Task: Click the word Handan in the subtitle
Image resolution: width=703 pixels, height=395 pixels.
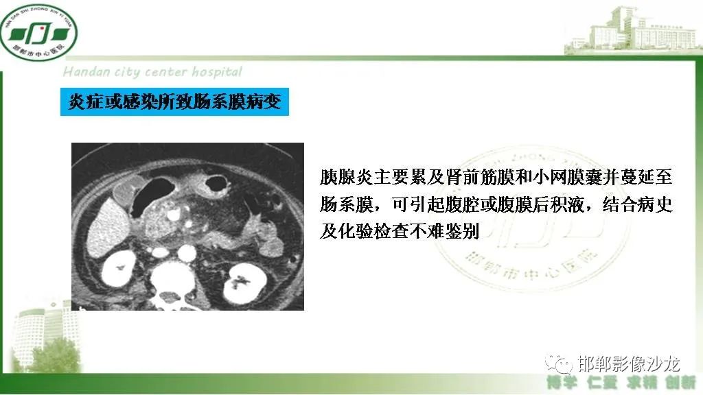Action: point(84,72)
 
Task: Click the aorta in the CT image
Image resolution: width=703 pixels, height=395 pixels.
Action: point(183,254)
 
